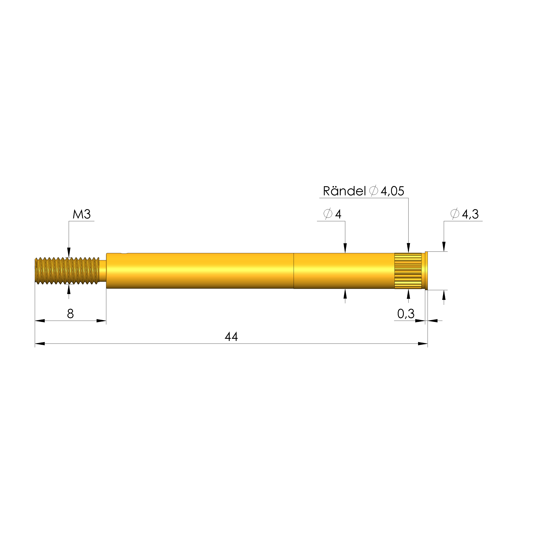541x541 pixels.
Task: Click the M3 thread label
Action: [82, 215]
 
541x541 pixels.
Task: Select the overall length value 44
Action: [231, 337]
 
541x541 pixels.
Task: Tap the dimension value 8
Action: [70, 314]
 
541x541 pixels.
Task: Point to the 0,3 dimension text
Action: [406, 314]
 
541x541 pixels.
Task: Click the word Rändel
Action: [344, 191]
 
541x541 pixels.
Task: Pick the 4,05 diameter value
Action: [392, 191]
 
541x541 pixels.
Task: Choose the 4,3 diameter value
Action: [470, 215]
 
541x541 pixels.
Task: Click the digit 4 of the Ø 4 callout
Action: [338, 215]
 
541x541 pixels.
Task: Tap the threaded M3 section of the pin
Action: [67, 271]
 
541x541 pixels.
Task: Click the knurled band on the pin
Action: [408, 271]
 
